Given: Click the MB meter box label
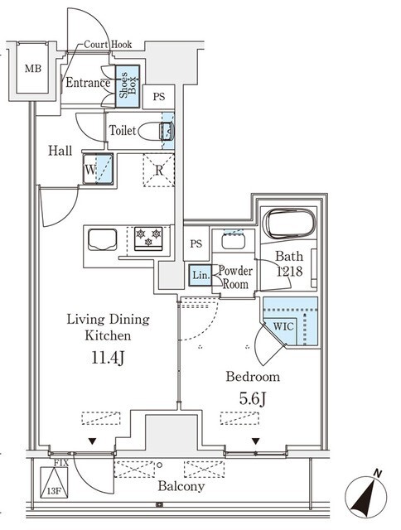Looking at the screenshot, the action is coord(33,69).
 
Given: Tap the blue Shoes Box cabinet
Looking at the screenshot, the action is coord(128,86).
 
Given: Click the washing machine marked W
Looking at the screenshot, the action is coord(98,169).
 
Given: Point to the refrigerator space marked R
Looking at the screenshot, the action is coord(158,170).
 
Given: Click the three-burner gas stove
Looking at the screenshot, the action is coord(148,238).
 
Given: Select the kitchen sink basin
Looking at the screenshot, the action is coord(103,239).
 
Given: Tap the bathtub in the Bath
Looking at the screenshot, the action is coord(291,224).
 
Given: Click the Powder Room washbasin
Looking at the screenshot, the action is coord(233,241).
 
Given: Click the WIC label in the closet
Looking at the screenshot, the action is coord(283,326).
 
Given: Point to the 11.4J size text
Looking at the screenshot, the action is coord(108,358).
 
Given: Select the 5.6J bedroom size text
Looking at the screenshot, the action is coord(252,399).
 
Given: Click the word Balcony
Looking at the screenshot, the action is coord(181,486).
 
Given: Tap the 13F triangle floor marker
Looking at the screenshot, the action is coord(54,483).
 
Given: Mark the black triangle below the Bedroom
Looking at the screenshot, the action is coord(255,441).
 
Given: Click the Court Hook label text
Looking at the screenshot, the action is coord(108,44).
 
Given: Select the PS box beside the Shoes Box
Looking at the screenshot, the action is coord(158,97).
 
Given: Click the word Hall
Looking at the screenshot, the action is coord(60,151).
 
